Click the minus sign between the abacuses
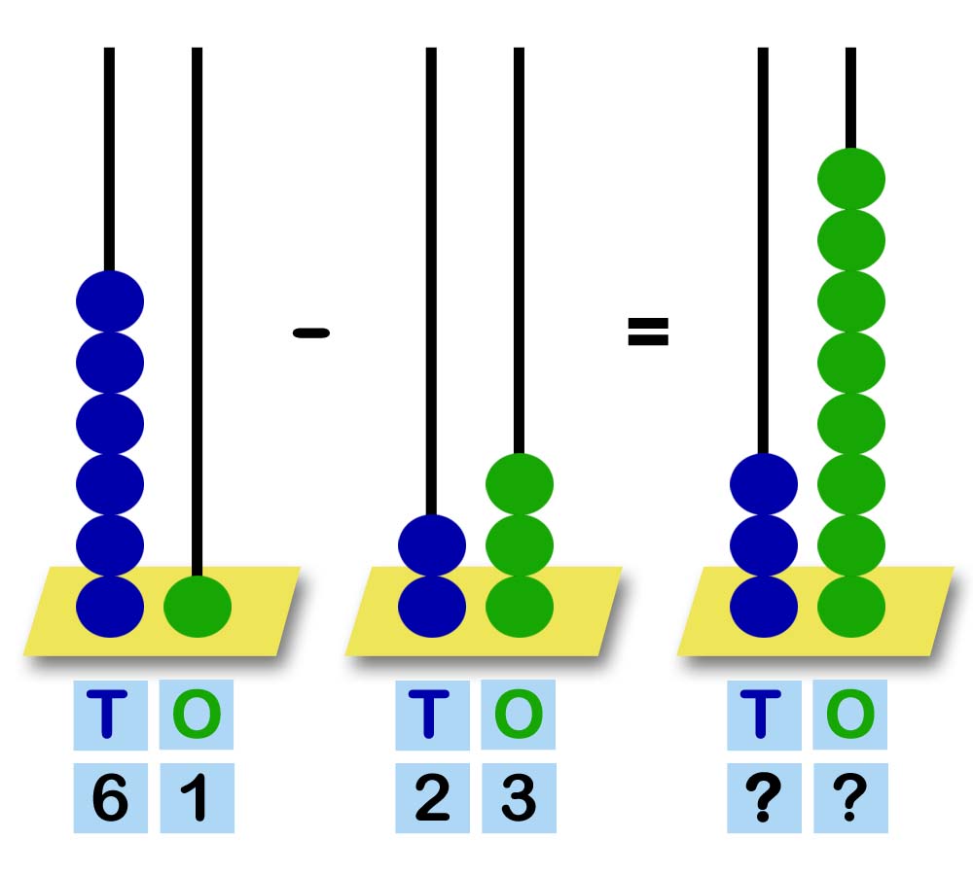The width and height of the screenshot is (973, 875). (310, 333)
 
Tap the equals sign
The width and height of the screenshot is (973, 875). (648, 332)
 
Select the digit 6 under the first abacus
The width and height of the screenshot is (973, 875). (110, 800)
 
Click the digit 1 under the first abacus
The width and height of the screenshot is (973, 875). (197, 800)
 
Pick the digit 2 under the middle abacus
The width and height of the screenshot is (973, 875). (432, 800)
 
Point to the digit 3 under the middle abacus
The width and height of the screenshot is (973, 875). (519, 800)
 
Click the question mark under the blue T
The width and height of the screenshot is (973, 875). (764, 800)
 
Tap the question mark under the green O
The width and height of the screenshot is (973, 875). (850, 800)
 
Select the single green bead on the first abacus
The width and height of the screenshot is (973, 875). (198, 607)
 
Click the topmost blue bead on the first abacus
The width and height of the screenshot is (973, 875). (110, 301)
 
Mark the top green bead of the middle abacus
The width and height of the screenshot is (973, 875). (520, 483)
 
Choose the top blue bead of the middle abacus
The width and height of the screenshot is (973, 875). (432, 544)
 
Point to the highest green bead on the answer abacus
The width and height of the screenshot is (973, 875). (851, 179)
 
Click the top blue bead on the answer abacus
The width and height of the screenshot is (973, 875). (764, 483)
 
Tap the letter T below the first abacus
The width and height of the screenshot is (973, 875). (110, 716)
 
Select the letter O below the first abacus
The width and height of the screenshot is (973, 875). (197, 716)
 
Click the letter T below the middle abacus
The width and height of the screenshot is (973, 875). (432, 716)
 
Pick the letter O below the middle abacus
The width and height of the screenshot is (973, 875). (519, 716)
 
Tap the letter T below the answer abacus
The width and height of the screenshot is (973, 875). (764, 716)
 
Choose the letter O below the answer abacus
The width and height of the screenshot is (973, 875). (850, 716)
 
